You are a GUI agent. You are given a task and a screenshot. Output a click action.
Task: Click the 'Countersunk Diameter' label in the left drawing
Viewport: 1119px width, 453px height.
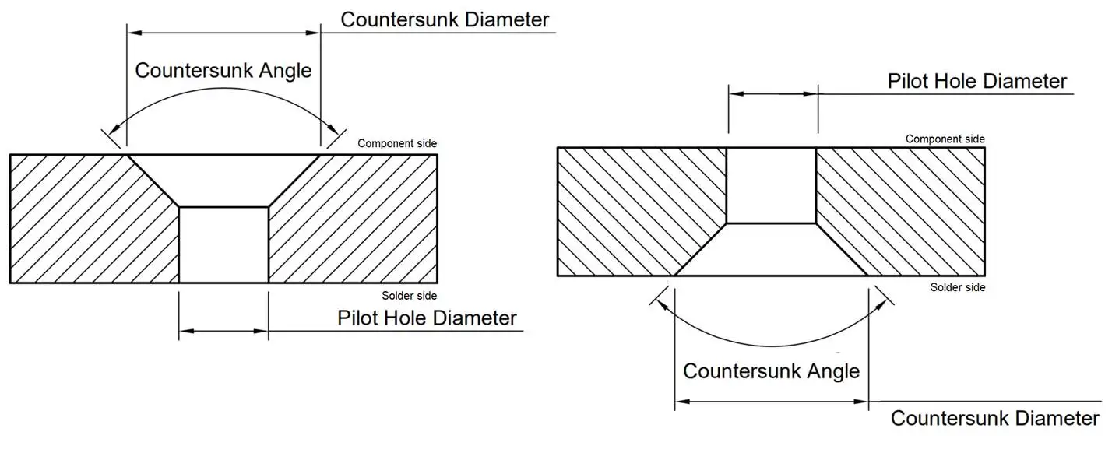click(445, 19)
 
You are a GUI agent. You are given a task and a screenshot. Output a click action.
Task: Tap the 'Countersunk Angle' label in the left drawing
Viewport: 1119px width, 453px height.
click(223, 70)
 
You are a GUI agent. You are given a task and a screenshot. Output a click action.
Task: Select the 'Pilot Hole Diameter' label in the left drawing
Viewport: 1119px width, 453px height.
click(427, 318)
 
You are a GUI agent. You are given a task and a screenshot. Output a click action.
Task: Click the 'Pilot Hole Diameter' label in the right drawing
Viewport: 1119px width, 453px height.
click(977, 81)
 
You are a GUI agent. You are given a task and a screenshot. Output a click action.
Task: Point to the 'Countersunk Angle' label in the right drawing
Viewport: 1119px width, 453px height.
click(771, 370)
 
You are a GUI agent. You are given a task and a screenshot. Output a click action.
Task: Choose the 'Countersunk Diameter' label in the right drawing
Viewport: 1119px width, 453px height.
click(995, 418)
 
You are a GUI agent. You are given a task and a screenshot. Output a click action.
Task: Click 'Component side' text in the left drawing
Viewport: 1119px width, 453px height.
click(397, 143)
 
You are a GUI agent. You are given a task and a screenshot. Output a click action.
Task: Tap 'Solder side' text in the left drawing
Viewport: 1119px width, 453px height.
click(410, 296)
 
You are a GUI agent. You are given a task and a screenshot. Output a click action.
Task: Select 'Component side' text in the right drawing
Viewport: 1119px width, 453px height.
click(945, 139)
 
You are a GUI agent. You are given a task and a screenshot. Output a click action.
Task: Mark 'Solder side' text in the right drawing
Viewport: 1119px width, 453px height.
click(958, 287)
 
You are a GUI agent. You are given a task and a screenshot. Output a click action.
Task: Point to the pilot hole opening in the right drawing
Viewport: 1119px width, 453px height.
click(771, 185)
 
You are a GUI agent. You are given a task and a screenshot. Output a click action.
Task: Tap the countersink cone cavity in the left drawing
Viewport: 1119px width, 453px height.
click(223, 179)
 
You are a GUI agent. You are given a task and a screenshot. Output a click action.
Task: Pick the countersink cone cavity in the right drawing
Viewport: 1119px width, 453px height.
click(771, 251)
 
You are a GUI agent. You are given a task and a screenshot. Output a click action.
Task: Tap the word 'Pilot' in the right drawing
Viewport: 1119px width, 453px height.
click(907, 81)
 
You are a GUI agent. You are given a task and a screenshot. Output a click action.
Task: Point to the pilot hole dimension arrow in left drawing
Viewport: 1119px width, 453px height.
click(223, 332)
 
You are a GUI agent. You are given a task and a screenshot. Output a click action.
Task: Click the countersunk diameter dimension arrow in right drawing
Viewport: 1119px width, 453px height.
click(771, 402)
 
